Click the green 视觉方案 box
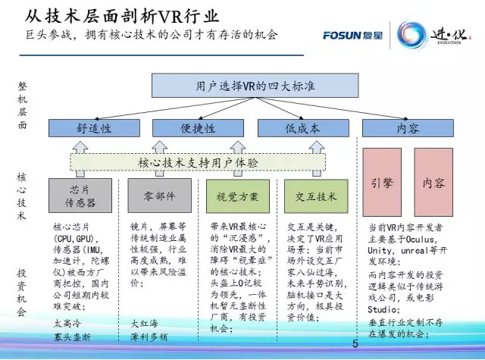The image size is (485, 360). click(238, 196)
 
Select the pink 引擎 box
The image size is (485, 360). click(382, 183)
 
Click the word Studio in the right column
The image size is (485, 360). click(383, 309)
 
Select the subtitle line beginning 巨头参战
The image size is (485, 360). click(148, 34)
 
